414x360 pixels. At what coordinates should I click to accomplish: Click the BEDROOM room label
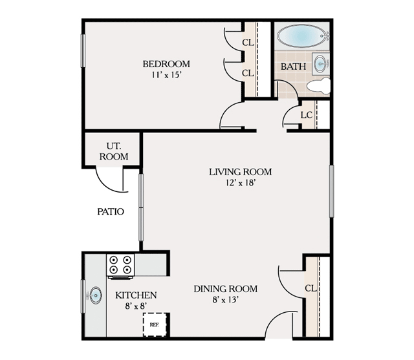(166, 64)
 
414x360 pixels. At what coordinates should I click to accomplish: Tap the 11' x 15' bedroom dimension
(166, 74)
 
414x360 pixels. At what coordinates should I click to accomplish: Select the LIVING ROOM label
(240, 171)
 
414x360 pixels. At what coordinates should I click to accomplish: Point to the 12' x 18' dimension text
(240, 182)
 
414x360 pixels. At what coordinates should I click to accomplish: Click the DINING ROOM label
(226, 289)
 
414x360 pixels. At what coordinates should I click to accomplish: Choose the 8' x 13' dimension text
(226, 299)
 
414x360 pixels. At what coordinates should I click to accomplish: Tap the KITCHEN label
(136, 295)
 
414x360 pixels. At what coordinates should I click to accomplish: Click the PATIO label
(111, 211)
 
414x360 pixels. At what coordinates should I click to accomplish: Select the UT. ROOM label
(114, 151)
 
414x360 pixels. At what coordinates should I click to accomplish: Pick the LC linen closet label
(307, 115)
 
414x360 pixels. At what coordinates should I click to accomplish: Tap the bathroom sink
(320, 63)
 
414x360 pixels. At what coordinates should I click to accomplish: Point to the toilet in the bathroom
(318, 86)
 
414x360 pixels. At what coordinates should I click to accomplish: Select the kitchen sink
(96, 296)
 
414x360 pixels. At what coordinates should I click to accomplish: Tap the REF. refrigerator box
(155, 324)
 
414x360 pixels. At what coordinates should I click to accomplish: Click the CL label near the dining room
(310, 288)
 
